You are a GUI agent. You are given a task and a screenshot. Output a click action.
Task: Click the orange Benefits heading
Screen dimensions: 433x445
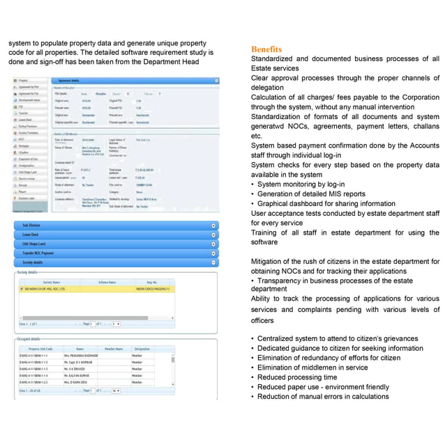(x=266, y=49)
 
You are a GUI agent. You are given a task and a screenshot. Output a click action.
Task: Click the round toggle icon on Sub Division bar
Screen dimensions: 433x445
(x=213, y=226)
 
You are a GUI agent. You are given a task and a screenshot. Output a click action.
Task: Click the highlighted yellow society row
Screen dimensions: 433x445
(x=105, y=288)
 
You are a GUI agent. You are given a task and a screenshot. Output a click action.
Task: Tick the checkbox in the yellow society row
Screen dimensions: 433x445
(x=22, y=288)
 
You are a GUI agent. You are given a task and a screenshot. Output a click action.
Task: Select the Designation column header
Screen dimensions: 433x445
(x=142, y=349)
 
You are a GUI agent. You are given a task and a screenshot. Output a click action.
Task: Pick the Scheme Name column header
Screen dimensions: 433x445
(x=107, y=282)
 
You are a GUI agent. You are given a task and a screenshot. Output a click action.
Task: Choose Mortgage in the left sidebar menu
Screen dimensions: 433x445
(x=24, y=145)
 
